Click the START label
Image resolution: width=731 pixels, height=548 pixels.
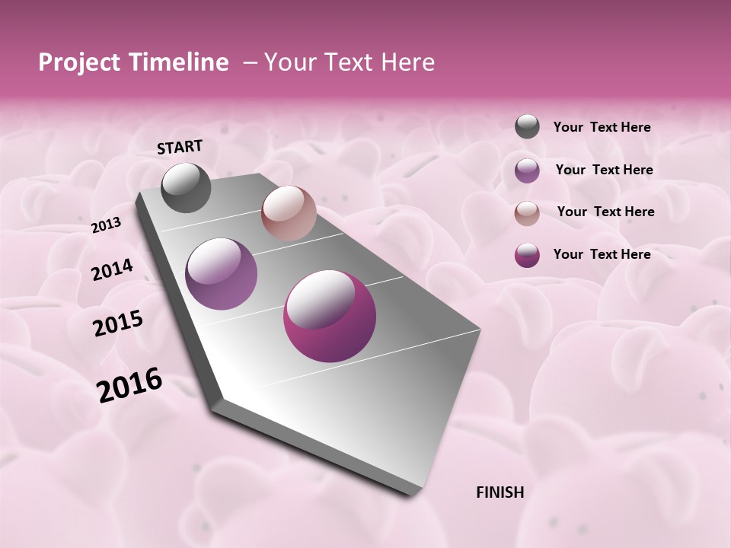coord(180,147)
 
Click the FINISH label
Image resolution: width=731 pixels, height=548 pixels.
coord(500,492)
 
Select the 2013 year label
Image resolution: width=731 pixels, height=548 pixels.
coord(106,225)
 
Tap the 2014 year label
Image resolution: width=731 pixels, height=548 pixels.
coord(112,269)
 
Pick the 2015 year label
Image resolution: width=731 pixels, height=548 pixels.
coord(118,323)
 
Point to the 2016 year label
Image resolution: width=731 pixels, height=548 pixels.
coord(129,384)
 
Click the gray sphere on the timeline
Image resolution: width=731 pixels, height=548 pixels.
coord(187,187)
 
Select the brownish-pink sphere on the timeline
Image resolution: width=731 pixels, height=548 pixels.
coord(289,213)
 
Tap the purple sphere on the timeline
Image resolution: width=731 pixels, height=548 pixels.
coord(221,274)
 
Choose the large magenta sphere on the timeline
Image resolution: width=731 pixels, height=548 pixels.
coord(330,316)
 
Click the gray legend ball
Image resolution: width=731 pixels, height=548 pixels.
coord(527,126)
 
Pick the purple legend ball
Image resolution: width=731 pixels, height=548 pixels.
coord(527,170)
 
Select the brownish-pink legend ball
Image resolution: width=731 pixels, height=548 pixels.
coord(527,212)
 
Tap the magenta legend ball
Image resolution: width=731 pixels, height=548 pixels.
coord(527,254)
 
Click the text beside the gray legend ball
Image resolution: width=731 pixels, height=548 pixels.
coord(602,127)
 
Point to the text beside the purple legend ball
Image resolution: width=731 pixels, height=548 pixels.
coord(604,170)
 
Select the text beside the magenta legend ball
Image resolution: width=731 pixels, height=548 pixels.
coord(602,254)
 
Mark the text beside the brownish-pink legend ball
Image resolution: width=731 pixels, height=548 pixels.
coord(605,212)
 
